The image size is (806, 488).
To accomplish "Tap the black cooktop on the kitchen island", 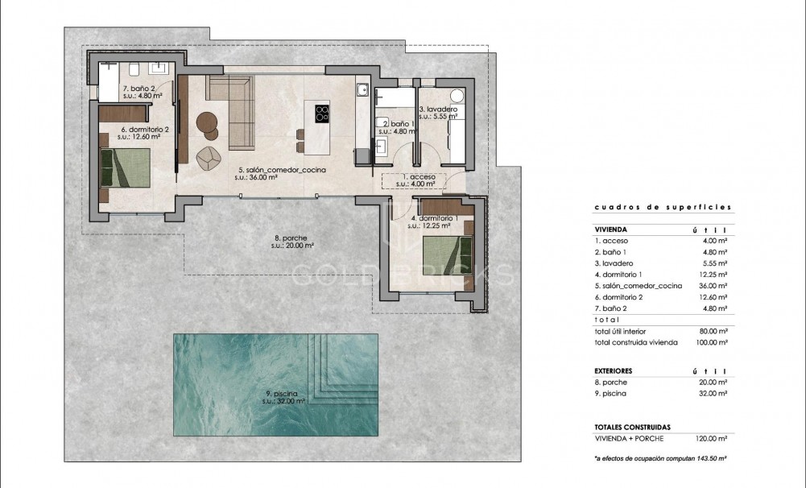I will pyautogui.click(x=321, y=114).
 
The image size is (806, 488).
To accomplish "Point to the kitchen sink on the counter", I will pyautogui.click(x=363, y=90).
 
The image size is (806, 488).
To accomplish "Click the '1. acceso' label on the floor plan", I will pyautogui.click(x=418, y=176).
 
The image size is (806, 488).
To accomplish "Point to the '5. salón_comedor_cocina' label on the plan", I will pyautogui.click(x=270, y=171).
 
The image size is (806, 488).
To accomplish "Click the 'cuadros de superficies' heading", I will pyautogui.click(x=663, y=207).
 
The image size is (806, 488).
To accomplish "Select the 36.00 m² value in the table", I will pyautogui.click(x=714, y=286).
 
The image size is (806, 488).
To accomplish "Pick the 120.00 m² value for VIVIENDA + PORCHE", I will pyautogui.click(x=713, y=438).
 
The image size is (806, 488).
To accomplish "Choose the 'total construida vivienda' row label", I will pyautogui.click(x=636, y=342).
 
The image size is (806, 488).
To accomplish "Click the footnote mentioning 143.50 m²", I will pyautogui.click(x=660, y=457).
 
